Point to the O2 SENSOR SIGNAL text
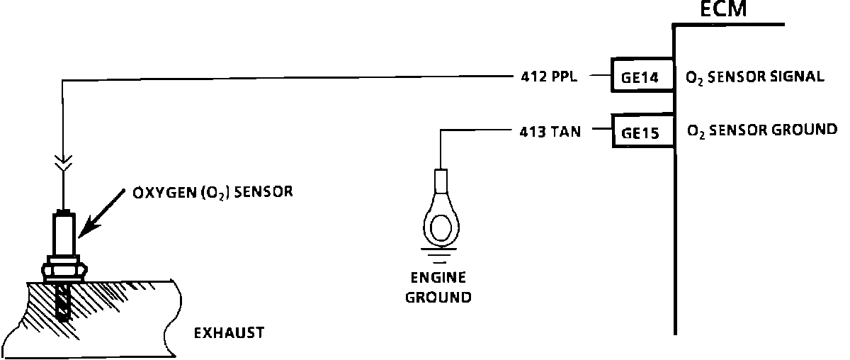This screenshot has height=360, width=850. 755,77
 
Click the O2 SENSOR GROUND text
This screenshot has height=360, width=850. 762,130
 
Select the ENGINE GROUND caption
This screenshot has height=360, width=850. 438,287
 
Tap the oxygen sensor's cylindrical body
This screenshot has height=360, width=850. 64,237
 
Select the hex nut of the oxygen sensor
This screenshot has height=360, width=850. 63,271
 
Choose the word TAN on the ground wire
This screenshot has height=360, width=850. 566,130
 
